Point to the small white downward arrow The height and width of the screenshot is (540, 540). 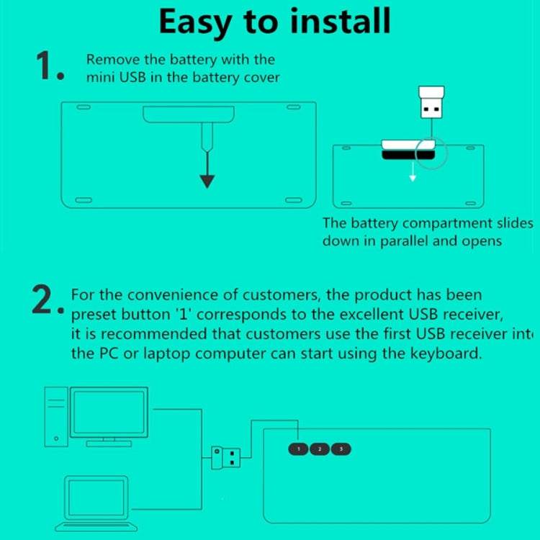pyautogui.click(x=413, y=174)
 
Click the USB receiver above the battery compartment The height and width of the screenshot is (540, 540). pyautogui.click(x=431, y=104)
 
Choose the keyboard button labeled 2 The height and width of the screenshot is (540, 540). pyautogui.click(x=319, y=449)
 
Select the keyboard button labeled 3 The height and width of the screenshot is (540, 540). pyautogui.click(x=341, y=449)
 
